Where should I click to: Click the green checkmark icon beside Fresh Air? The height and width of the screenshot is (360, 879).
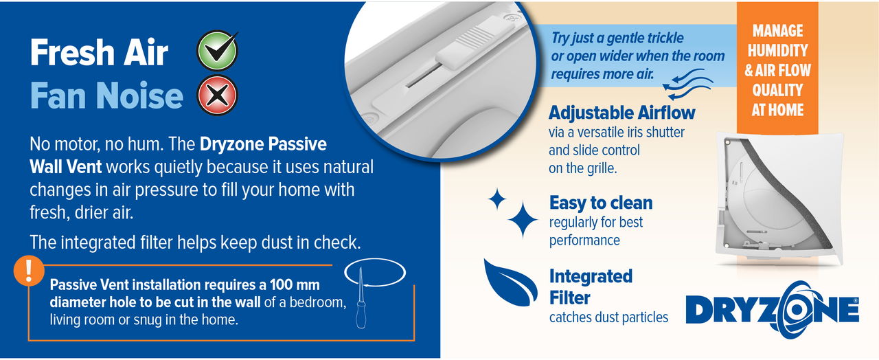217,52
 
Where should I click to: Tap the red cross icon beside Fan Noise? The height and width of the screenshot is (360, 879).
217,95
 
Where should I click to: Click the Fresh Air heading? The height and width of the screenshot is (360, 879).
99,52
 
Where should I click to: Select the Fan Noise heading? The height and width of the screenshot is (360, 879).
106,96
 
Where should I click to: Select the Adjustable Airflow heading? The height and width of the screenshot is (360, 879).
621,113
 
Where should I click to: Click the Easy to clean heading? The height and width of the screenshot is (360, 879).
601,203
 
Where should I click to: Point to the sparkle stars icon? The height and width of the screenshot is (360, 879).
514,212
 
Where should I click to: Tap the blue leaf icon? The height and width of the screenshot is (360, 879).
510,282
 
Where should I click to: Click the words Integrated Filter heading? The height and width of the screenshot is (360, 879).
591,286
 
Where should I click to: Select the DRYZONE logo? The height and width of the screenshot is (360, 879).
773,310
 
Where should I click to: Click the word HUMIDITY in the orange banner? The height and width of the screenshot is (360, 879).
777,50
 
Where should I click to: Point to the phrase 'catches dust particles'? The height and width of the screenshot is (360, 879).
608,317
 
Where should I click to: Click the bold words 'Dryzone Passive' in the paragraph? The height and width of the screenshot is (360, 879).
263,146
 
